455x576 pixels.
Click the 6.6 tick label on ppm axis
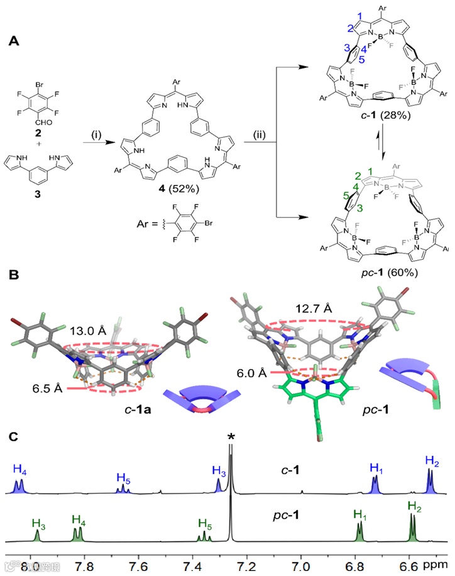408,568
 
